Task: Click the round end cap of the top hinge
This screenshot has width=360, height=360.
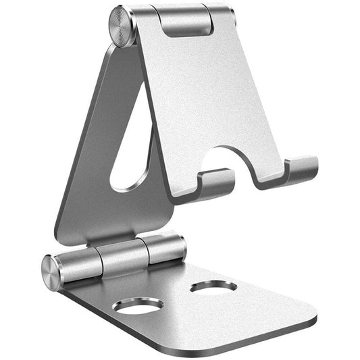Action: point(122,27)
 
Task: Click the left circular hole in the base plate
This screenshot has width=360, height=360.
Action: point(138,305)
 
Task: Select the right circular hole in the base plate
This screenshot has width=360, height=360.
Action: point(213,286)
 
